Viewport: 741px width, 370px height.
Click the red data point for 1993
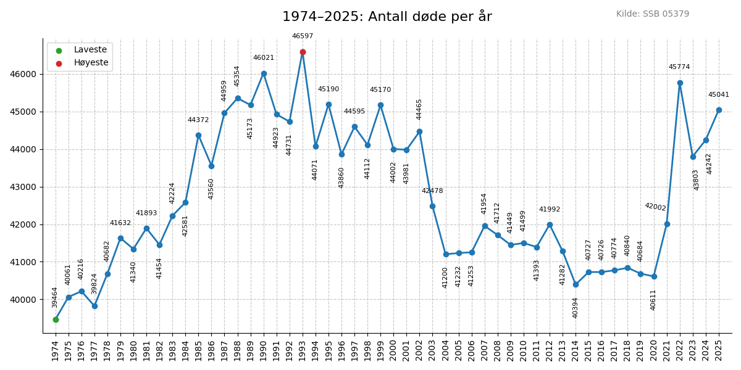(303, 52)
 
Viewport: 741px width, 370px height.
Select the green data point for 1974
(56, 319)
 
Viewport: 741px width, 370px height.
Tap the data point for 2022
(680, 83)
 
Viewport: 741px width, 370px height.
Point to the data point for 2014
(576, 284)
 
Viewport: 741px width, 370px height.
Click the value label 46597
(303, 36)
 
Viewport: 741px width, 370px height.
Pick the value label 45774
(679, 67)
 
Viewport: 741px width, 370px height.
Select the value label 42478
(432, 191)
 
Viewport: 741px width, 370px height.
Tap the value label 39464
(55, 297)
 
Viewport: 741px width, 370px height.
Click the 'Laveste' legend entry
(90, 50)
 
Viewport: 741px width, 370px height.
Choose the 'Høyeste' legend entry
(91, 63)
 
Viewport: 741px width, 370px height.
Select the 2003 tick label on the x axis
(432, 350)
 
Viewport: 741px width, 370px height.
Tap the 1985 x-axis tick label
(198, 350)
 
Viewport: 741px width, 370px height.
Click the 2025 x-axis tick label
(719, 350)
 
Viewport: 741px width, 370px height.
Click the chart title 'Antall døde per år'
(387, 17)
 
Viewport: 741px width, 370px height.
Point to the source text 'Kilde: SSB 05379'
(652, 14)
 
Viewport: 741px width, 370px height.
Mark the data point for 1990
(264, 73)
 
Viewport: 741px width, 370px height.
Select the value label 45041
(718, 95)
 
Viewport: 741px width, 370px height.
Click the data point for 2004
(446, 254)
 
